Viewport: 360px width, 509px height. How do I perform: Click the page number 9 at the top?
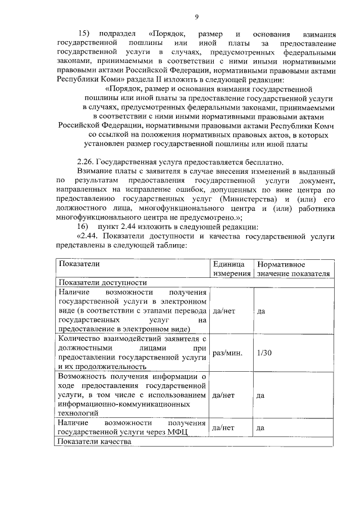(197, 17)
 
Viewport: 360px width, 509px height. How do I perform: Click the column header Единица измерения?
(231, 268)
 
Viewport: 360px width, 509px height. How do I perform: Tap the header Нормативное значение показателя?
(292, 268)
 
